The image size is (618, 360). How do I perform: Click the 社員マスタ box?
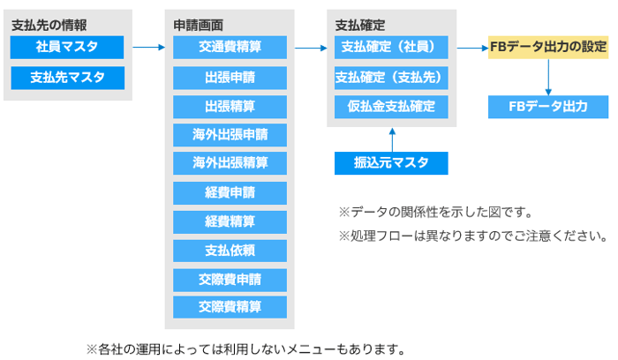pyautogui.click(x=67, y=48)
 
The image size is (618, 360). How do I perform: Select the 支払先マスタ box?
pyautogui.click(x=67, y=78)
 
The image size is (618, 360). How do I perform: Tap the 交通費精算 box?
pyautogui.click(x=230, y=48)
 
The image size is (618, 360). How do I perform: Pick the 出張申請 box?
pyautogui.click(x=230, y=78)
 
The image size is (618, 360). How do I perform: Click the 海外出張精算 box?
pyautogui.click(x=230, y=162)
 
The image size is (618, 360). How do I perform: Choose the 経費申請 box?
pyautogui.click(x=230, y=193)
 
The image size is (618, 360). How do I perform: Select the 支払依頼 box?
pyautogui.click(x=230, y=251)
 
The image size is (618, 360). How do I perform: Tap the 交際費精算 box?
pyautogui.click(x=230, y=307)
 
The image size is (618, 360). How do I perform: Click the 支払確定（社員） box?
pyautogui.click(x=391, y=48)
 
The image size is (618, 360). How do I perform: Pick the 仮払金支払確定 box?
pyautogui.click(x=391, y=107)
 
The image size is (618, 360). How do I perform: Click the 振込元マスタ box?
pyautogui.click(x=391, y=163)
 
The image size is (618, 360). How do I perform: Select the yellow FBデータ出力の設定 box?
pyautogui.click(x=548, y=48)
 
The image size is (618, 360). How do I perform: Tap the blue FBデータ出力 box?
pyautogui.click(x=548, y=107)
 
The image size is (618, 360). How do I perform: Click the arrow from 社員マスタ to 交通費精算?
pyautogui.click(x=148, y=48)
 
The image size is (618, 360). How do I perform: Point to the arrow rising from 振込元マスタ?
pyautogui.click(x=392, y=139)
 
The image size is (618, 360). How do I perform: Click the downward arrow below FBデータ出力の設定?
pyautogui.click(x=548, y=77)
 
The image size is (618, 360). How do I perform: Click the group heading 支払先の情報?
pyautogui.click(x=49, y=26)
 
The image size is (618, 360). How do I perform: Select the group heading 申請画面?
pyautogui.click(x=199, y=26)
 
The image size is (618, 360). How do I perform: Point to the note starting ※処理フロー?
pyautogui.click(x=473, y=236)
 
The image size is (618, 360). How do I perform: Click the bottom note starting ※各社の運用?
pyautogui.click(x=246, y=349)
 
